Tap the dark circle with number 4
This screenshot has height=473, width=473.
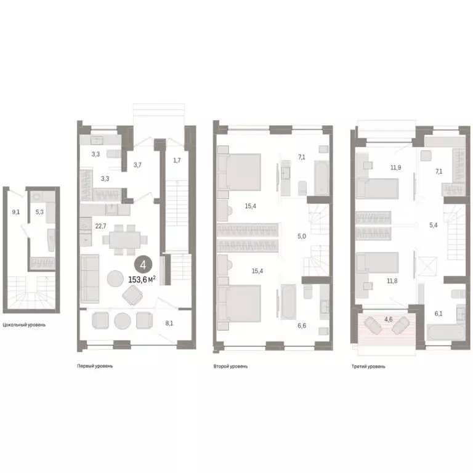pyautogui.click(x=143, y=265)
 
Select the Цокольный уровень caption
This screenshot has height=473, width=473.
pyautogui.click(x=24, y=325)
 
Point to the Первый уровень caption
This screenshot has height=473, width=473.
pyautogui.click(x=95, y=366)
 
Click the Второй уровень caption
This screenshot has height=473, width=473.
pyautogui.click(x=230, y=366)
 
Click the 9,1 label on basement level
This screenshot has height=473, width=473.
pyautogui.click(x=15, y=212)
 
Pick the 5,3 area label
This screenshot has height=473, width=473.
pyautogui.click(x=40, y=212)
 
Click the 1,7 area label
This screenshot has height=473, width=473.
pyautogui.click(x=177, y=161)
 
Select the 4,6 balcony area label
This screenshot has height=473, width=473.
pyautogui.click(x=389, y=320)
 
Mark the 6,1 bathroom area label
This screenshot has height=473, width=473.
pyautogui.click(x=439, y=313)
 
